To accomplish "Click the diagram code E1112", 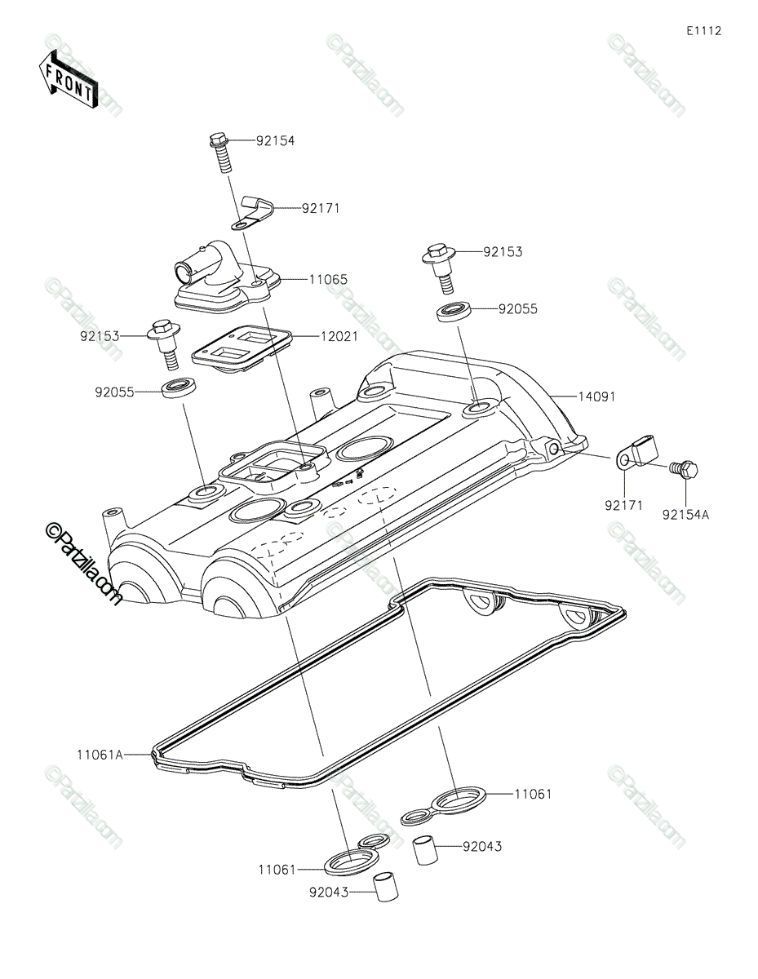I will click(x=703, y=31).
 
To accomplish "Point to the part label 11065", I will click(x=327, y=279).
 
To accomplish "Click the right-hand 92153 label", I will click(x=502, y=252).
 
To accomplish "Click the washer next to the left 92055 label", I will click(x=180, y=388).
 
